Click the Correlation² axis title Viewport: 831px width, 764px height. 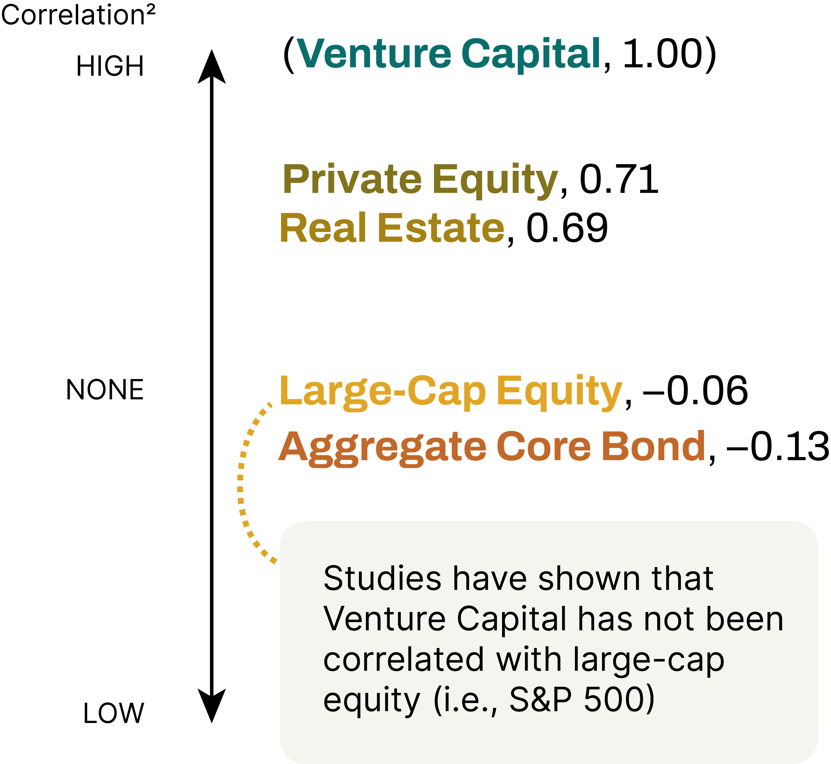point(78,15)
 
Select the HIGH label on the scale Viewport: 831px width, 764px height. point(110,66)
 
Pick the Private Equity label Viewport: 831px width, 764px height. point(420,180)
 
